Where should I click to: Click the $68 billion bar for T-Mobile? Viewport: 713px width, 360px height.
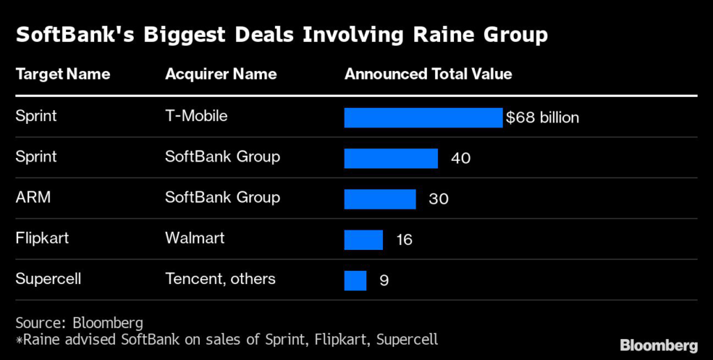[x=423, y=118]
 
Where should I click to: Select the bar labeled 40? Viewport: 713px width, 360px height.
[x=391, y=158]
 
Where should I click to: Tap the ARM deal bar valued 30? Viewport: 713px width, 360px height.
[x=379, y=198]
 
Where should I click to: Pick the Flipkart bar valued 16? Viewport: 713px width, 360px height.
[x=363, y=240]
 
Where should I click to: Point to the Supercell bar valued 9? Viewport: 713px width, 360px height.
[x=355, y=280]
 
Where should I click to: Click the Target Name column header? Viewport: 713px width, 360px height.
[x=63, y=74]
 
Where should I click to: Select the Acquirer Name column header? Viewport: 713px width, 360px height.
[x=221, y=74]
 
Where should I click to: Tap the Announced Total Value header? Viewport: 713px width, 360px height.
[x=428, y=74]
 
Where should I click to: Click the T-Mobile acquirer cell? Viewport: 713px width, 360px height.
[x=196, y=116]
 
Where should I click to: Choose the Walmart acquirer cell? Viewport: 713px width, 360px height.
[x=195, y=238]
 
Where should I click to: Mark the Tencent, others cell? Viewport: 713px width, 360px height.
[x=220, y=279]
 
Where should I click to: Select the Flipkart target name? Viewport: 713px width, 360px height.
[x=42, y=238]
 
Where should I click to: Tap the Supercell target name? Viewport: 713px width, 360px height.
[x=48, y=279]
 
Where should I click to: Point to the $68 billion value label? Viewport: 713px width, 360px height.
[x=542, y=118]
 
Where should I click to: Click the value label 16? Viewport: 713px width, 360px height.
[x=404, y=240]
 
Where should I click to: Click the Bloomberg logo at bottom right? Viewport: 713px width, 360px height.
[x=659, y=345]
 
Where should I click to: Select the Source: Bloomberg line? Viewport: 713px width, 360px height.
[x=79, y=323]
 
